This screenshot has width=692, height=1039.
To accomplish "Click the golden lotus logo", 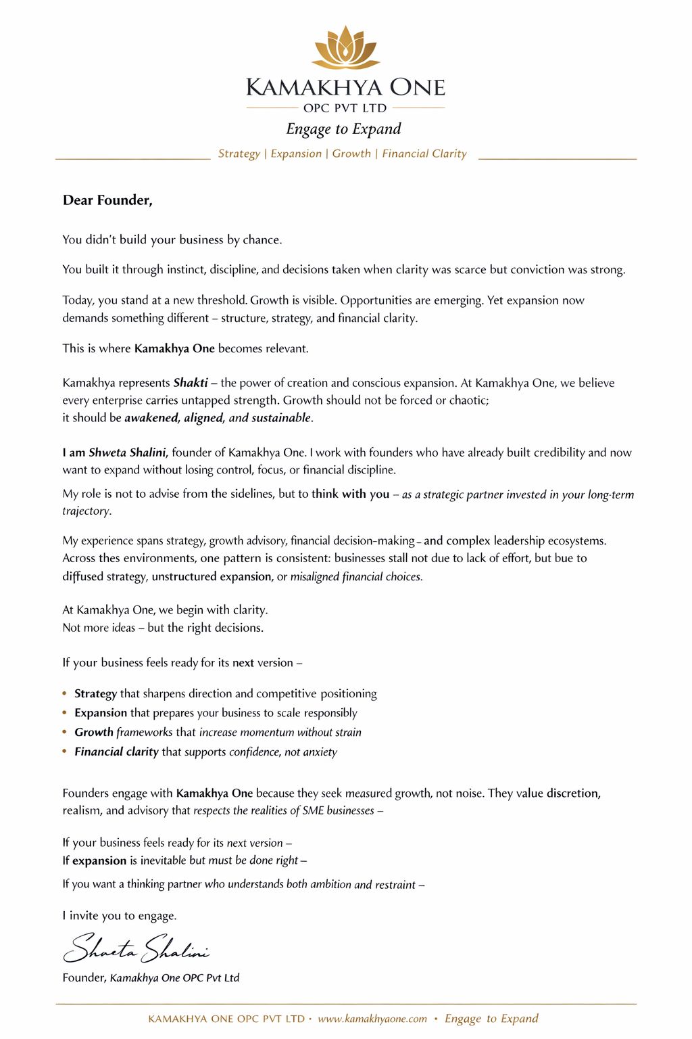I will click(x=345, y=48).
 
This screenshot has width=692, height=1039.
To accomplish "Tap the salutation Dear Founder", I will click(x=107, y=200).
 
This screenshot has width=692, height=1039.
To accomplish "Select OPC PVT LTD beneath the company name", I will click(x=345, y=108).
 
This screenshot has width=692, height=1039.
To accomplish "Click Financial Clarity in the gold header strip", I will click(x=424, y=154).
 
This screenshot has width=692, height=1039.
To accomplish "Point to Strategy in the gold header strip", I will click(x=239, y=154).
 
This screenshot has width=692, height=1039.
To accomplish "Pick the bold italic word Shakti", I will click(x=191, y=383).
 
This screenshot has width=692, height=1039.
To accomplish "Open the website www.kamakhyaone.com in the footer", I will click(x=372, y=1019).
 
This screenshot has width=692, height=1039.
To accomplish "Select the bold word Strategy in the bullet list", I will click(x=95, y=693).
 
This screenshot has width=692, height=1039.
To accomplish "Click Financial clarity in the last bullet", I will click(x=116, y=752).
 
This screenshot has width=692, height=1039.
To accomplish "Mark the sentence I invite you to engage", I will click(x=120, y=916).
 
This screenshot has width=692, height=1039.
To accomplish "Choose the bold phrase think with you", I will click(x=350, y=494).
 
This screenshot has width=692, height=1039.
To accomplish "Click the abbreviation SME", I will click(x=313, y=810).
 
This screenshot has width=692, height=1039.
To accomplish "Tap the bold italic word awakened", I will click(x=151, y=418).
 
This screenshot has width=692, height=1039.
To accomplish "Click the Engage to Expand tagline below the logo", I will click(x=343, y=129).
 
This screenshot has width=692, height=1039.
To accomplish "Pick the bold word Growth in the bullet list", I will click(x=94, y=732).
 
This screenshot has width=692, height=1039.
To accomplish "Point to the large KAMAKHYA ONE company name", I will click(x=345, y=87).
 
